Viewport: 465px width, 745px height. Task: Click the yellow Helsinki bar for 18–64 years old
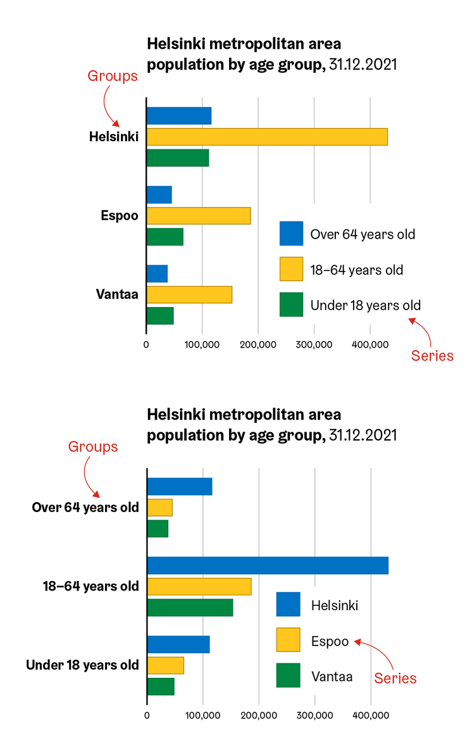(266, 137)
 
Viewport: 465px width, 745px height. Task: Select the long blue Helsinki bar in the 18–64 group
(267, 565)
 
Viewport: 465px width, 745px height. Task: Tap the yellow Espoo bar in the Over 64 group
(159, 508)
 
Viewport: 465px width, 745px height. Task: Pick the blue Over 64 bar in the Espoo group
(159, 195)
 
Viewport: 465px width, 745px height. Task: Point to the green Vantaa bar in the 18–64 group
(190, 607)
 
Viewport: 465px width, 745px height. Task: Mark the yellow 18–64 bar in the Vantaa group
(189, 295)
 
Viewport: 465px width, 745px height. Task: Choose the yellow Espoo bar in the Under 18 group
(165, 665)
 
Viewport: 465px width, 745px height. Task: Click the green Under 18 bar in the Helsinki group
(177, 158)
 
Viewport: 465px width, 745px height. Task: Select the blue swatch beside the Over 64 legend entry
(291, 234)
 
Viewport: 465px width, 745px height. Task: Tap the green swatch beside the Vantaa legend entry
(288, 675)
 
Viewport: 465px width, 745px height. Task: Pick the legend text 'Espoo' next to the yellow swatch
(330, 641)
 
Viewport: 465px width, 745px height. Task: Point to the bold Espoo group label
(120, 215)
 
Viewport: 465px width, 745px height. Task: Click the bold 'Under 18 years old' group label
(82, 665)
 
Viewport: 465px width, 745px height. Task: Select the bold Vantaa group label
(117, 294)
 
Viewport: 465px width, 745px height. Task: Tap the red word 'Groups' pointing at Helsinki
(112, 77)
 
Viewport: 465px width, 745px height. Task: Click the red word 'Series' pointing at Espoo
(395, 678)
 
